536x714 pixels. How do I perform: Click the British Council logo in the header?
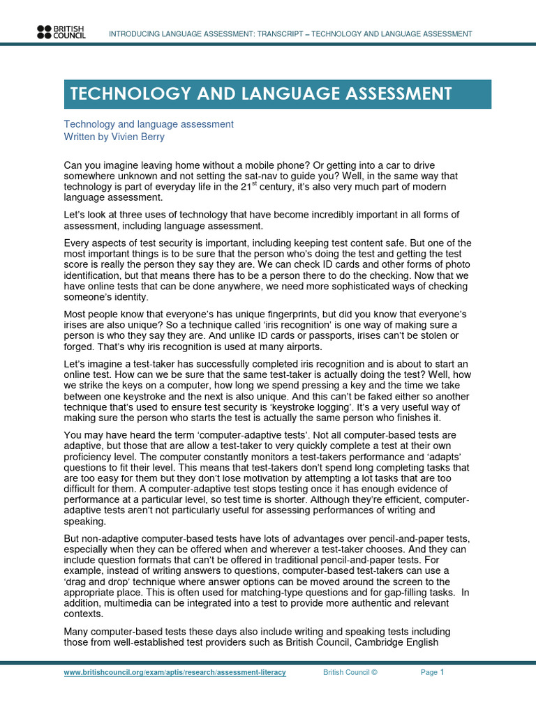coord(61,31)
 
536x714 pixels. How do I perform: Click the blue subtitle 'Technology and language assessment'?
coord(149,124)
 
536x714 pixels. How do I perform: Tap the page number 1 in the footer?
coord(442,672)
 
